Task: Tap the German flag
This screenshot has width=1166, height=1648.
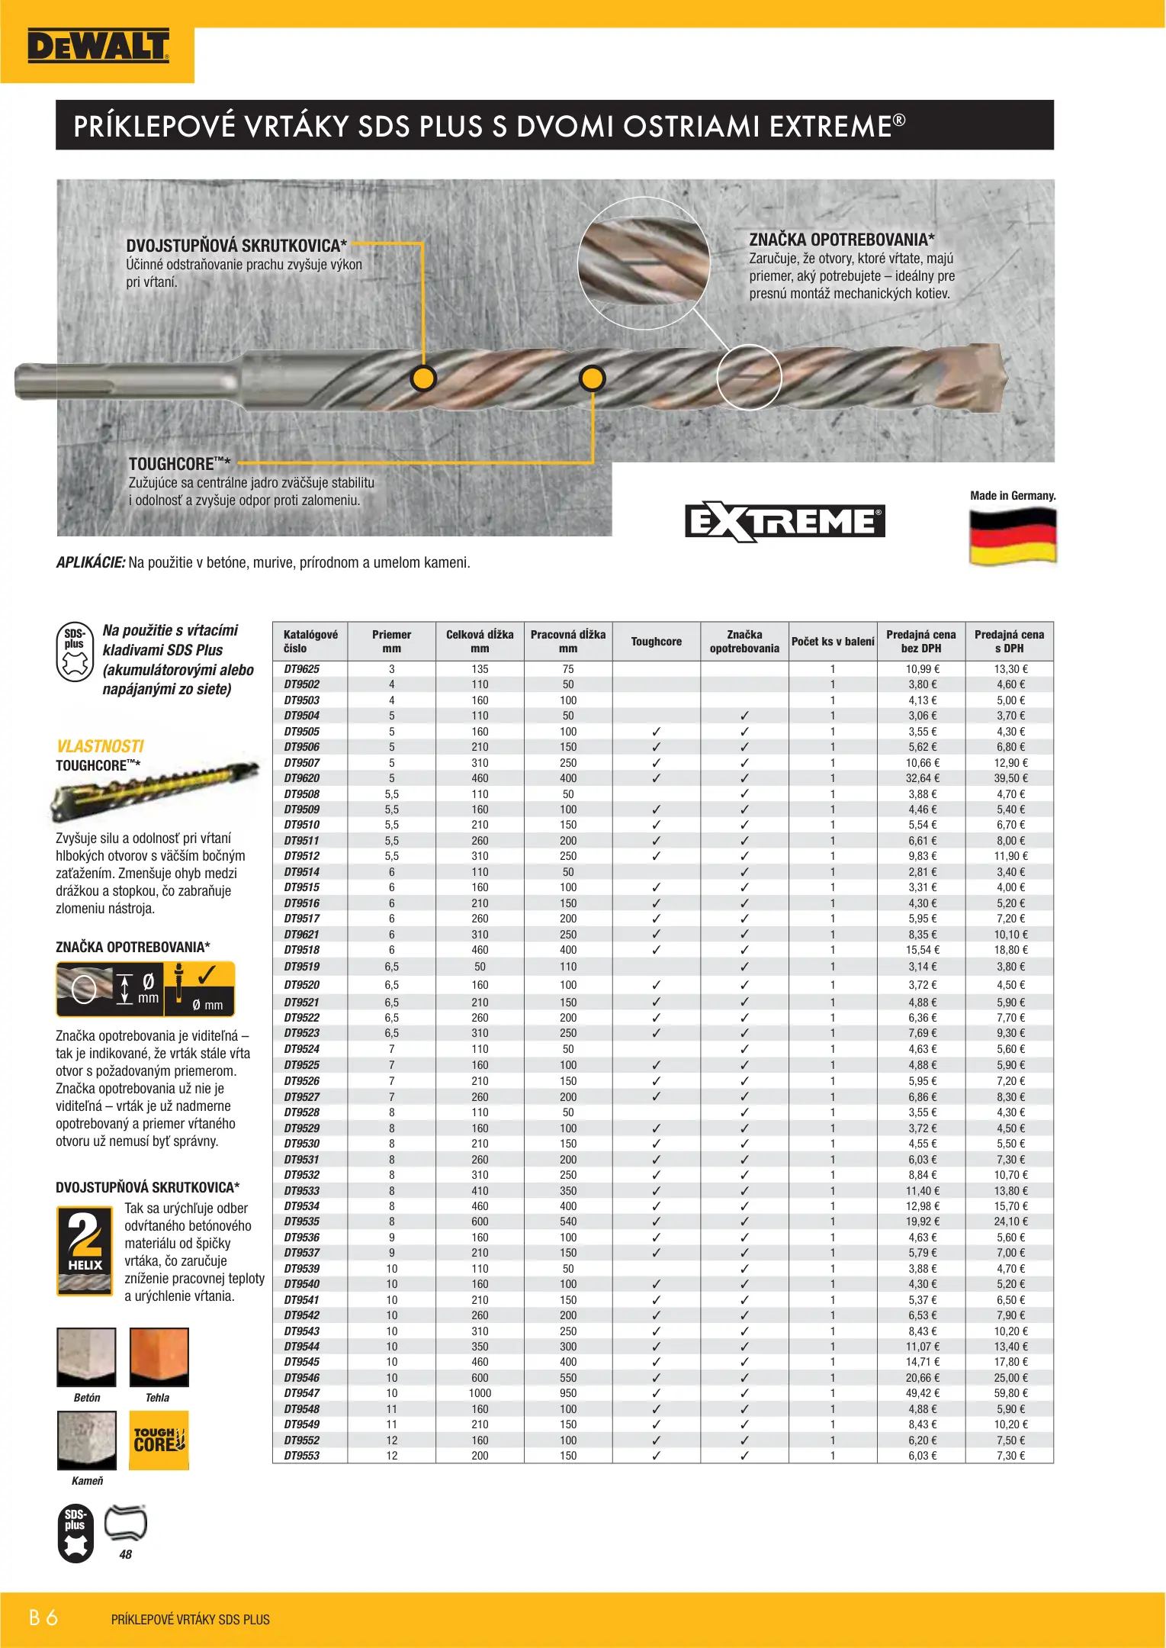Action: coord(1013,536)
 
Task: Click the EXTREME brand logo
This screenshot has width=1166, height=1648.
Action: coord(785,522)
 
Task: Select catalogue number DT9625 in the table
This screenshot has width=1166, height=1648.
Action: coord(302,669)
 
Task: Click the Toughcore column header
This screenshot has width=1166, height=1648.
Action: coord(656,642)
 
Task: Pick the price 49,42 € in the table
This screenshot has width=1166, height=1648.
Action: coord(922,1393)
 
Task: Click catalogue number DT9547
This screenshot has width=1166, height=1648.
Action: coord(302,1393)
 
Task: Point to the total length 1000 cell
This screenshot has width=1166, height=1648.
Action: coord(480,1393)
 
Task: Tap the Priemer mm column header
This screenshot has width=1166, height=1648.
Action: coord(391,642)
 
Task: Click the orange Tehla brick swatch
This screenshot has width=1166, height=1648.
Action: coord(159,1357)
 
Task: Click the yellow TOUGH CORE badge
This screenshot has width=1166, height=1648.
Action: coord(159,1440)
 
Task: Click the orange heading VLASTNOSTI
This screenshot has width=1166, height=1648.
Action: coord(100,746)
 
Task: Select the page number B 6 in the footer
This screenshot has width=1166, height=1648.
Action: coord(43,1617)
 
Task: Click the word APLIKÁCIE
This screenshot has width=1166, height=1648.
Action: coord(90,563)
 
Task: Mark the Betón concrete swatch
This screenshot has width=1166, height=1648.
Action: coord(86,1357)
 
